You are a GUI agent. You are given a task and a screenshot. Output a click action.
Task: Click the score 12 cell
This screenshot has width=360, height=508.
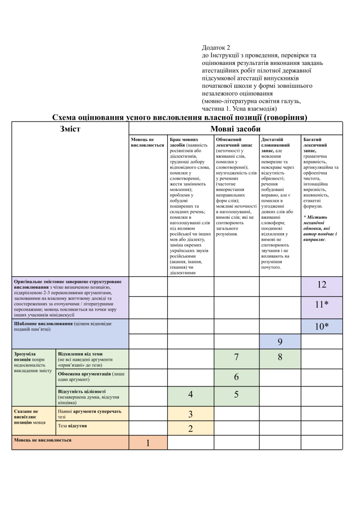click(x=322, y=285)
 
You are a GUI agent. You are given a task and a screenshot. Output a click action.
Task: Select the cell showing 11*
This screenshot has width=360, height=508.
click(x=322, y=305)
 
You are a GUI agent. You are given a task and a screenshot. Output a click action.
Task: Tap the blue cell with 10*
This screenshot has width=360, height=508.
click(x=322, y=326)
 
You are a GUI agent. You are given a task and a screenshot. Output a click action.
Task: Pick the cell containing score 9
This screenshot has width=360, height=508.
click(x=280, y=341)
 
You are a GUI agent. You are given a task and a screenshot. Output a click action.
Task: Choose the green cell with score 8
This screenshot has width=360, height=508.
click(x=280, y=357)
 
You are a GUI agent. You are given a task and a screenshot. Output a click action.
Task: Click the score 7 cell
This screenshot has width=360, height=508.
click(x=236, y=357)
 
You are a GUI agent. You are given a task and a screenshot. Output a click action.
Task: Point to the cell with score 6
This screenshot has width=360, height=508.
click(x=236, y=377)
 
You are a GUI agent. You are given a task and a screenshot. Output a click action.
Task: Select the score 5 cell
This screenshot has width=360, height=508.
click(x=236, y=395)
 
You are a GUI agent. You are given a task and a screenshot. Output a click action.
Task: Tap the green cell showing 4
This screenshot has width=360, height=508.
click(x=190, y=395)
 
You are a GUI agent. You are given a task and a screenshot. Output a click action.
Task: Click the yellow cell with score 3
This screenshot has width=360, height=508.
click(x=190, y=414)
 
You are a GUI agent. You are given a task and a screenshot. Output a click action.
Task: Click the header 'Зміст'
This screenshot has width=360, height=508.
click(x=70, y=128)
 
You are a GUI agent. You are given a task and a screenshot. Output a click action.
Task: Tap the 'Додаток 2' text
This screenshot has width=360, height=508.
click(x=216, y=48)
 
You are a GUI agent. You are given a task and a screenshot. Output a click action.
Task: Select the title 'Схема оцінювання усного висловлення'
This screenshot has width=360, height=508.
click(x=180, y=118)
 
